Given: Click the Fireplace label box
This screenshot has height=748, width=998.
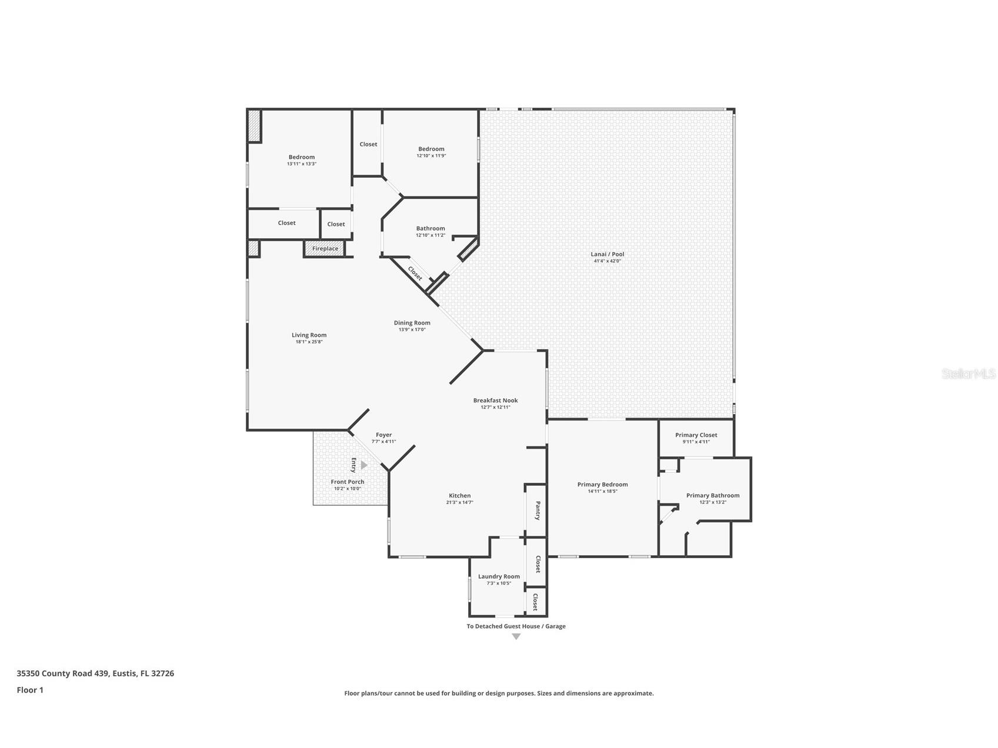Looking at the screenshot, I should coord(325,249).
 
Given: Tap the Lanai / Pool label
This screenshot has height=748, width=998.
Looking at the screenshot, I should coord(607,254).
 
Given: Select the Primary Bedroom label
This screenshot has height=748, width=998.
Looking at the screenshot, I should coord(602,485).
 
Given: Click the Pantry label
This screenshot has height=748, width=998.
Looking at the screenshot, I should coord(538,510).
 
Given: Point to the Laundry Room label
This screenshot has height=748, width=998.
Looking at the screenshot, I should coord(499,576).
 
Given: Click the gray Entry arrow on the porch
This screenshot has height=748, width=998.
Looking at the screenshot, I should coord(363,465).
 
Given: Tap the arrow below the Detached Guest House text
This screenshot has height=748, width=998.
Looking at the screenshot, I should coord(516,637).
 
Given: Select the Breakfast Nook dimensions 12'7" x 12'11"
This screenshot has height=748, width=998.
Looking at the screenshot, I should coord(495,407).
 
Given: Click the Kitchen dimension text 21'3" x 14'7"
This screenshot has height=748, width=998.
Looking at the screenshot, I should coord(459,502).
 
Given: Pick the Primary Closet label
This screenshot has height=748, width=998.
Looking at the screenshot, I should coord(696,435).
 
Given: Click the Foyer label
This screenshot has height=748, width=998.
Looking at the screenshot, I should coord(383,435).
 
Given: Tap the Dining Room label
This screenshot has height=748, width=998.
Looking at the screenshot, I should coord(412,323).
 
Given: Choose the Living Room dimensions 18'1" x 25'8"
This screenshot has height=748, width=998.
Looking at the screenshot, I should coord(309,342).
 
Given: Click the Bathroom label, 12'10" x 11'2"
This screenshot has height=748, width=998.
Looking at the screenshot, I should coord(430,228).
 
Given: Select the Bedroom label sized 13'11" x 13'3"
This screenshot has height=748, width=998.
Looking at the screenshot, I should coord(301,157).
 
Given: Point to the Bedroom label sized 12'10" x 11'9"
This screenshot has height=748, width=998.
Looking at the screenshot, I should coord(431,149).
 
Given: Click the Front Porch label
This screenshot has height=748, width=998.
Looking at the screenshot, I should coord(347,482).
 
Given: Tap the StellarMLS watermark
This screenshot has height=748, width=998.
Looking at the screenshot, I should coord(968,373).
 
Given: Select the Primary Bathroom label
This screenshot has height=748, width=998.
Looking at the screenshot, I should coord(712,495).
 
